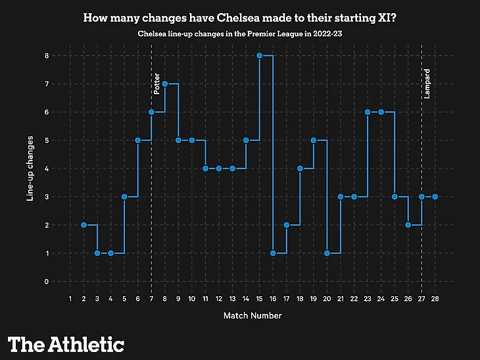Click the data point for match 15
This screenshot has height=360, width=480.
pyautogui.click(x=260, y=55)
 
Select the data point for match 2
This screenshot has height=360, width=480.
pyautogui.click(x=84, y=225)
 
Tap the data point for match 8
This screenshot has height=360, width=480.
pyautogui.click(x=165, y=84)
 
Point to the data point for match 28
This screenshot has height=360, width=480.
pyautogui.click(x=435, y=197)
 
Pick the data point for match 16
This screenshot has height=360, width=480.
pyautogui.click(x=273, y=253)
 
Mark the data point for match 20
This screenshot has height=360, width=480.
pyautogui.click(x=327, y=253)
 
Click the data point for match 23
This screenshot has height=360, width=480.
pyautogui.click(x=368, y=112)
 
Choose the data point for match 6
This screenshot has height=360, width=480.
pyautogui.click(x=138, y=140)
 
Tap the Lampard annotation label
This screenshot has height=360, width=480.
pyautogui.click(x=427, y=84)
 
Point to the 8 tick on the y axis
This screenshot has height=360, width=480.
pyautogui.click(x=47, y=55)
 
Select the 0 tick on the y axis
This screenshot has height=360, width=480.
pyautogui.click(x=47, y=282)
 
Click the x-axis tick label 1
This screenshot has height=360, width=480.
pyautogui.click(x=70, y=298)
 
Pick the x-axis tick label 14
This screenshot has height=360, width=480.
pyautogui.click(x=246, y=298)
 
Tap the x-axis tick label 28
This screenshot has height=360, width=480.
pyautogui.click(x=435, y=298)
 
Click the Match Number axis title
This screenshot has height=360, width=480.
pyautogui.click(x=252, y=316)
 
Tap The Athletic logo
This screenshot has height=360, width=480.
pyautogui.click(x=66, y=344)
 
